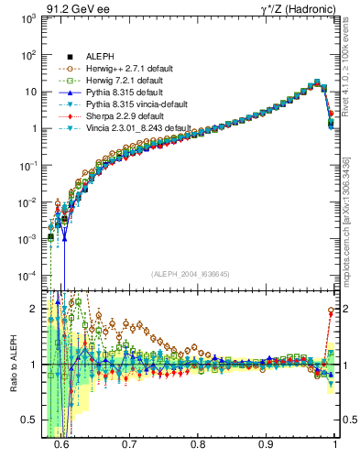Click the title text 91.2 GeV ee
click(73, 7)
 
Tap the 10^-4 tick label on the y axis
click(30, 276)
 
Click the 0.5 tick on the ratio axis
click(30, 420)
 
